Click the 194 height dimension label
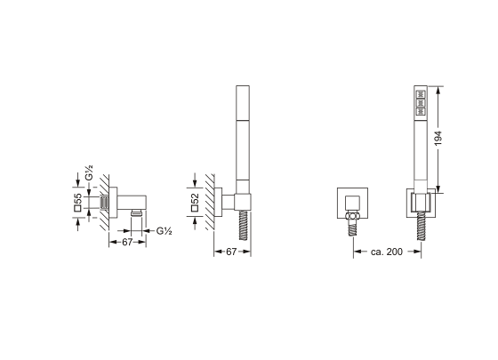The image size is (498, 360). (x=438, y=138)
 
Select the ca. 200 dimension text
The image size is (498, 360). (x=387, y=252)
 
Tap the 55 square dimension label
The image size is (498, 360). (x=78, y=203)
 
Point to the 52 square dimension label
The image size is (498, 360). (x=195, y=203)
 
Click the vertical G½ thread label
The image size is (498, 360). (x=89, y=172)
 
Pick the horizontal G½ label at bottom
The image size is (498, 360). (x=165, y=231)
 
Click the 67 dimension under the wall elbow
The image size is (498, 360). (x=127, y=242)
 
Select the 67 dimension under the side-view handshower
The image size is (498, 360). (x=231, y=252)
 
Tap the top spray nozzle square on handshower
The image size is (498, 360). (x=421, y=94)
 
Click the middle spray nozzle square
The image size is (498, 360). (x=421, y=103)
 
